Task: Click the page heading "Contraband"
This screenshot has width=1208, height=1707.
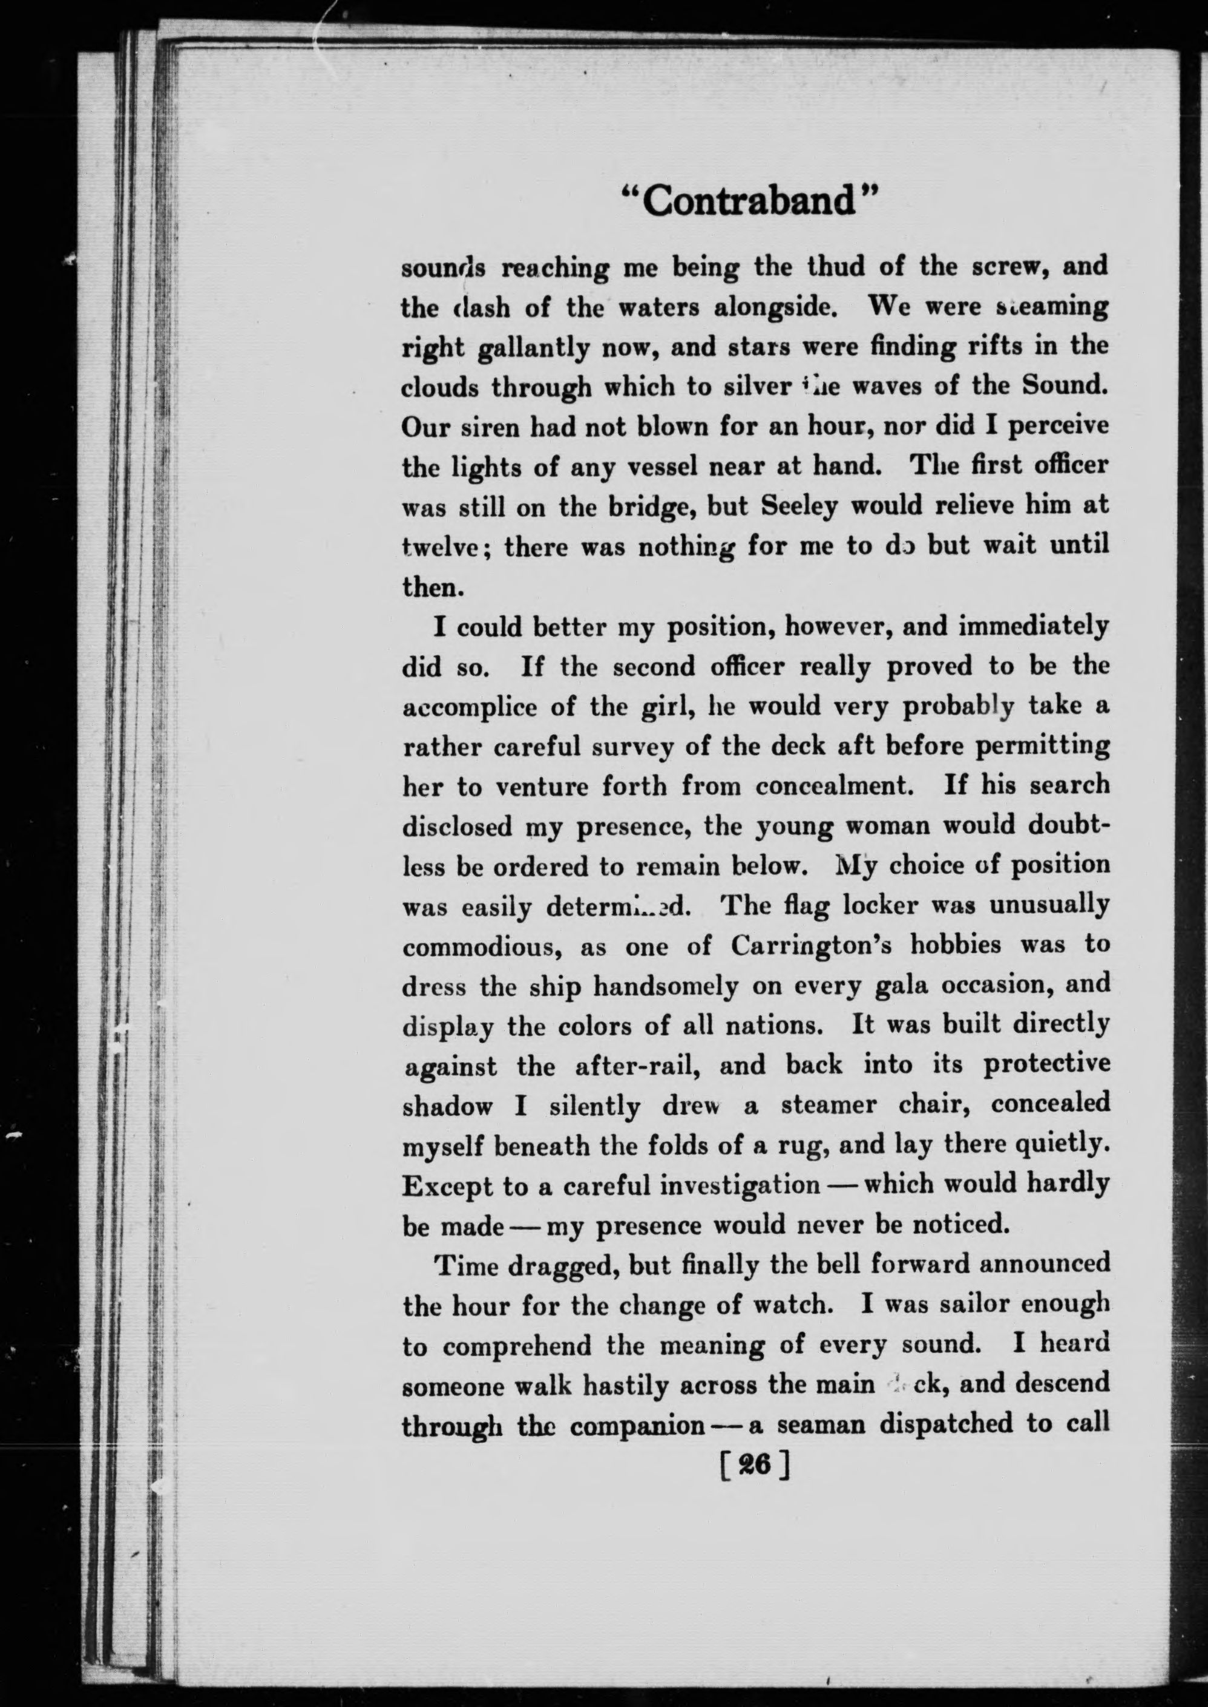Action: pyautogui.click(x=750, y=201)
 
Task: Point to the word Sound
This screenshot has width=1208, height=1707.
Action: pyautogui.click(x=1065, y=386)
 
